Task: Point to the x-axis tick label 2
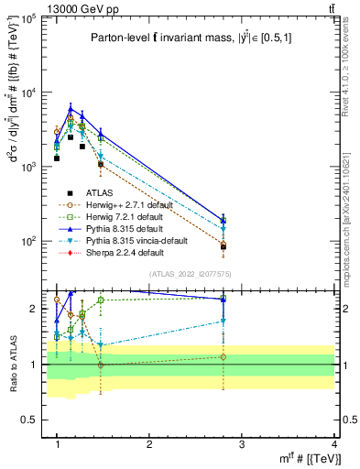[150, 444]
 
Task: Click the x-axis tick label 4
[335, 444]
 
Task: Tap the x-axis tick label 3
[243, 444]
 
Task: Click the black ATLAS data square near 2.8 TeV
[224, 246]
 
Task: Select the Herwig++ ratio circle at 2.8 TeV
[224, 357]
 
